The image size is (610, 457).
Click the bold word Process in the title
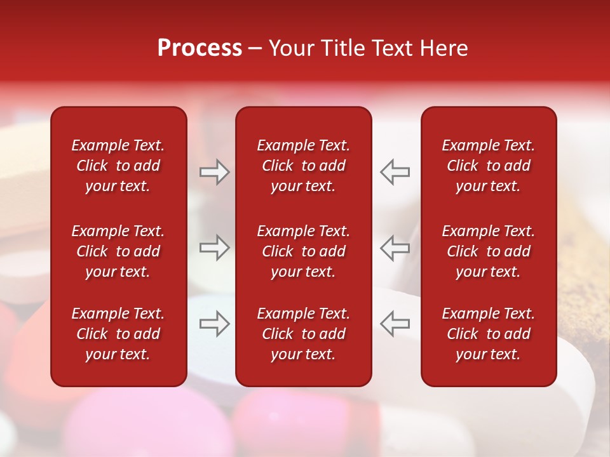(x=200, y=48)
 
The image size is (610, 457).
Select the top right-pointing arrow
(x=214, y=172)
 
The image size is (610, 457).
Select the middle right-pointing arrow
(x=214, y=247)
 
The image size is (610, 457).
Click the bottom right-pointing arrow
(x=214, y=324)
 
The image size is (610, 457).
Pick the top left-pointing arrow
(x=395, y=172)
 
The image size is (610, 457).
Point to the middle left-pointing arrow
(x=395, y=247)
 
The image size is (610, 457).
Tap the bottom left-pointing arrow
(x=395, y=324)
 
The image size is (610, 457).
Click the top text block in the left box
(x=118, y=166)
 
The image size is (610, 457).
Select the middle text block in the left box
(x=118, y=251)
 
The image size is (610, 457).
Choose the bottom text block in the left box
(x=118, y=334)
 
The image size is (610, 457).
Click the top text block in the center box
(x=304, y=166)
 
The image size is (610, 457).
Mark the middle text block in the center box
(x=304, y=251)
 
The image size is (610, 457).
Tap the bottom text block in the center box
(x=304, y=334)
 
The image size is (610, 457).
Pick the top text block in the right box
(x=489, y=166)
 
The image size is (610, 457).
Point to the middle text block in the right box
(x=489, y=251)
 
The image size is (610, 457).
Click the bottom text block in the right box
(x=489, y=334)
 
